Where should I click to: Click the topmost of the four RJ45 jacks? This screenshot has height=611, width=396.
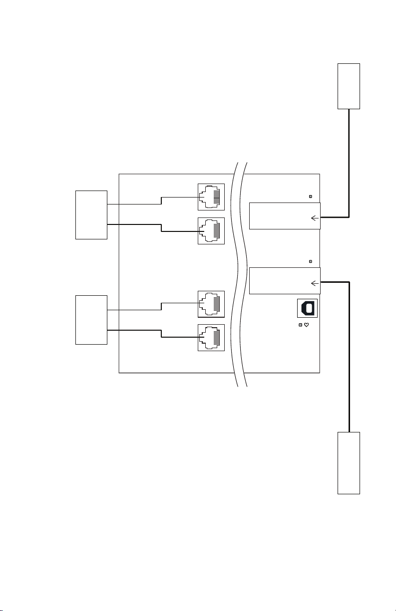[x=211, y=197]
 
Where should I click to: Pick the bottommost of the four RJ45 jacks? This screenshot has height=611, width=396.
[x=211, y=338]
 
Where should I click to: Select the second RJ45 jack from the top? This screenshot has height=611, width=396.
[x=211, y=231]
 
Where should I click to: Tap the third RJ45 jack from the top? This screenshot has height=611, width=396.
[x=211, y=304]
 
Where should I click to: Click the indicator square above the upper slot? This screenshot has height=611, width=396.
[x=311, y=197]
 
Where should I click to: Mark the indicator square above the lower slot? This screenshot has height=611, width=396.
[x=311, y=261]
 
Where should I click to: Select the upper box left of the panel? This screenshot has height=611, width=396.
[x=91, y=214]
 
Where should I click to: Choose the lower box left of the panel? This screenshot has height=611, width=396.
[x=91, y=319]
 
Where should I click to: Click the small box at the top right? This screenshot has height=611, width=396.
[x=349, y=86]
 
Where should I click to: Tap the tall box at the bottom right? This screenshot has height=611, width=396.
[x=349, y=463]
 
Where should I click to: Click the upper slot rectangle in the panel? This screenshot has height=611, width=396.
[x=284, y=216]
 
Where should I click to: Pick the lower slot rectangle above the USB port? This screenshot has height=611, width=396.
[x=284, y=281]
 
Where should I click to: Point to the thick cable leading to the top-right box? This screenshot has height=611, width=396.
[x=349, y=165]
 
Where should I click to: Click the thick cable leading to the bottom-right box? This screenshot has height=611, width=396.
[x=349, y=359]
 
